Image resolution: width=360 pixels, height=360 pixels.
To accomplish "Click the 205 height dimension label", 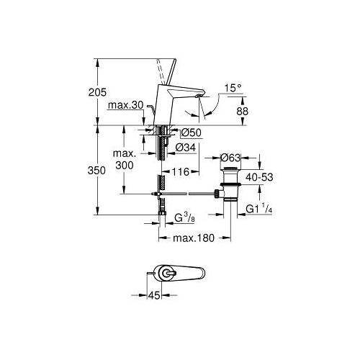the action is [97, 92].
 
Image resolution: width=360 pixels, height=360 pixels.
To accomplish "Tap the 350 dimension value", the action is [96, 171].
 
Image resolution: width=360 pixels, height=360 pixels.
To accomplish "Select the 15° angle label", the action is [233, 88].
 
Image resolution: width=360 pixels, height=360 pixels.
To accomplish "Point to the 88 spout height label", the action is [243, 112].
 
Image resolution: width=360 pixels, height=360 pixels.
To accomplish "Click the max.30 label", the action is [125, 105].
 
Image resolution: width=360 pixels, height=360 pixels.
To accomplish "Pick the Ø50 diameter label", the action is [192, 132].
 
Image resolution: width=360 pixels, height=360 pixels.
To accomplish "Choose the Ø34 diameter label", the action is [186, 148].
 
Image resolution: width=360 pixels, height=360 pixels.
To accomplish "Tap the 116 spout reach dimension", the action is [181, 171].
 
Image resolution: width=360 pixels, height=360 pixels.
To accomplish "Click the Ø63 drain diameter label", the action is [230, 158].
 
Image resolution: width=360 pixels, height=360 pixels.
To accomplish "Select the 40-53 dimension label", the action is [259, 177].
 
